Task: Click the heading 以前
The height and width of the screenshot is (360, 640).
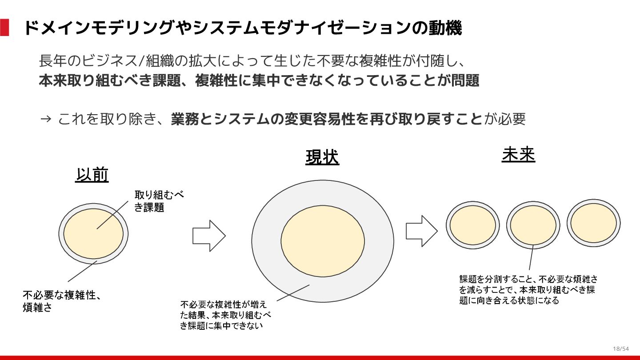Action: (92, 175)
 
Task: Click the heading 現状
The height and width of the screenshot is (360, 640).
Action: (322, 157)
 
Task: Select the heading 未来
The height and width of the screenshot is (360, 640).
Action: (518, 155)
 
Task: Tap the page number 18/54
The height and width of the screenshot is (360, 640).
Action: (621, 348)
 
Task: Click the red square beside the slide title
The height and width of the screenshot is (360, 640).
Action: (4, 28)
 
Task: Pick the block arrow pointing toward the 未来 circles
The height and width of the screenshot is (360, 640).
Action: (422, 231)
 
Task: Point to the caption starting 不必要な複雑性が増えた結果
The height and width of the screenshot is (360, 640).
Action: (225, 315)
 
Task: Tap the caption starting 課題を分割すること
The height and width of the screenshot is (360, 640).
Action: (528, 289)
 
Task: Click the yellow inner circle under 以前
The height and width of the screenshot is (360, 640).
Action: (93, 233)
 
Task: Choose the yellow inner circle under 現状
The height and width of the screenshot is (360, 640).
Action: (323, 240)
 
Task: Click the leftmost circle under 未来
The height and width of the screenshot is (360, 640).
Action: (472, 225)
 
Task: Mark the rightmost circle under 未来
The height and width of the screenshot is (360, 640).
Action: (593, 223)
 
